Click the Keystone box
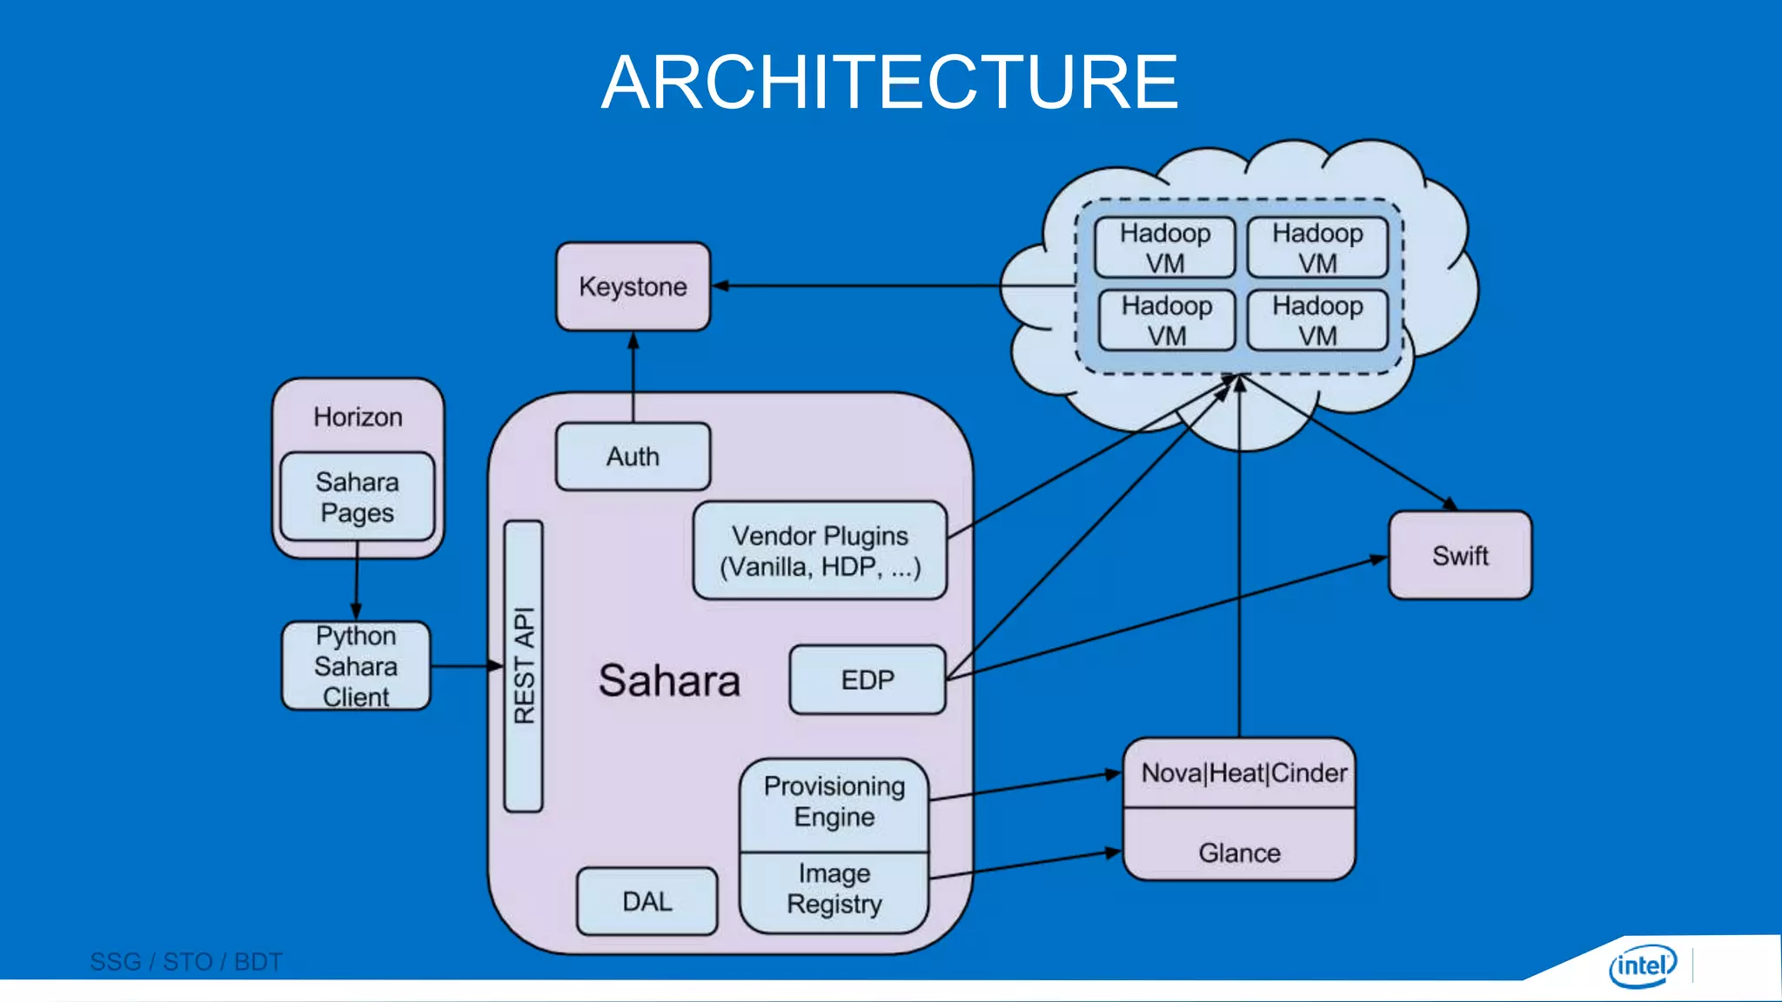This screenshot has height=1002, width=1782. tap(633, 286)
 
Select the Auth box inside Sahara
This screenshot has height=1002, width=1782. tap(633, 457)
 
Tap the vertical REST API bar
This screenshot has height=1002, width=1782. tap(523, 665)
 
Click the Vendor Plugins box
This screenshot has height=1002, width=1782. tap(820, 551)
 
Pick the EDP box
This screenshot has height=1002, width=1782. tap(867, 679)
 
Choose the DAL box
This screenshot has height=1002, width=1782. tap(646, 901)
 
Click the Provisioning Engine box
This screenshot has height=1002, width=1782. tap(834, 802)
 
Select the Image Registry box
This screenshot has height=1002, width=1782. tap(834, 889)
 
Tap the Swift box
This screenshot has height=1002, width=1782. tap(1460, 555)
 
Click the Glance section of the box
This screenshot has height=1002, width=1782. tap(1239, 852)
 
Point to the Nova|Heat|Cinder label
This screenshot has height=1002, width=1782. tap(1243, 773)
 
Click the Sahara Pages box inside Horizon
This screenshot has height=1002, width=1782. tap(357, 497)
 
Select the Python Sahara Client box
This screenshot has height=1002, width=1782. tap(356, 665)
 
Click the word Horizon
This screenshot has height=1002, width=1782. tap(358, 417)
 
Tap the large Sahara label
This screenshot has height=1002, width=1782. tap(669, 680)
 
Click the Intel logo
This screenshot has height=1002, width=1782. tap(1642, 965)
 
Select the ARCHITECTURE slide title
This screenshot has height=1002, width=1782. tap(889, 82)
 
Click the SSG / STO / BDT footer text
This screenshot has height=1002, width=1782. tap(186, 962)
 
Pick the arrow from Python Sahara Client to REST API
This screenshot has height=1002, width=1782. tap(466, 666)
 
